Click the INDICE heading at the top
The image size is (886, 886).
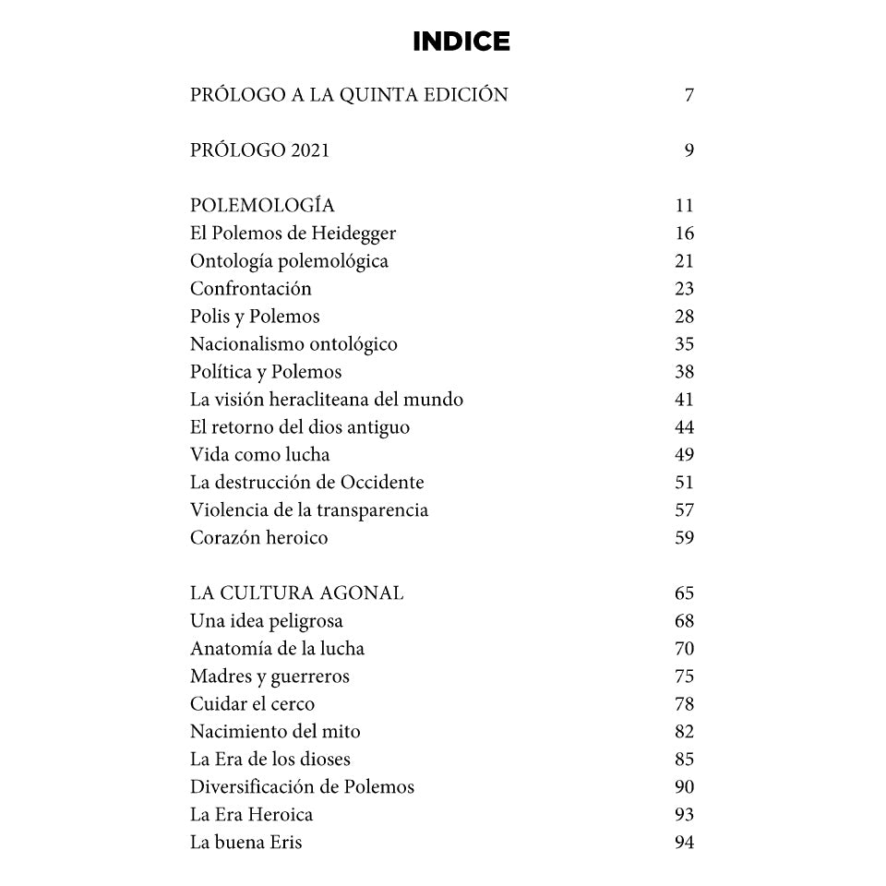(x=461, y=42)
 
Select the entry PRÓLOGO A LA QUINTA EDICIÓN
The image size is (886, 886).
(x=349, y=95)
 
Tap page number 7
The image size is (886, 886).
(x=688, y=95)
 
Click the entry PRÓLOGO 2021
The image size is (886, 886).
(x=259, y=150)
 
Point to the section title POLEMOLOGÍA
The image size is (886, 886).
(x=262, y=206)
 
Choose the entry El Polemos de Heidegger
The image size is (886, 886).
(x=293, y=233)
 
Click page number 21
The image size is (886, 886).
(x=684, y=261)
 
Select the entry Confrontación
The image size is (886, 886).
(x=251, y=289)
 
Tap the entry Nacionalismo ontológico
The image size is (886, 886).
(x=293, y=344)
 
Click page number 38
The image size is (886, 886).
(x=684, y=372)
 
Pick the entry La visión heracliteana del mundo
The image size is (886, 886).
(x=327, y=400)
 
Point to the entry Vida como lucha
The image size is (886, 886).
(x=259, y=455)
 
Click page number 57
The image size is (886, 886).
(x=684, y=510)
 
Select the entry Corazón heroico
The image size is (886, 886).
(x=258, y=538)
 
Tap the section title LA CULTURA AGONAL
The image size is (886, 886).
(x=296, y=593)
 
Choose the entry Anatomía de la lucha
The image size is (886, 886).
(x=277, y=649)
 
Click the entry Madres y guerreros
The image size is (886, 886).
(x=269, y=676)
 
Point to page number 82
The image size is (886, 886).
(x=684, y=732)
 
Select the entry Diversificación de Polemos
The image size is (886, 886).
(x=302, y=787)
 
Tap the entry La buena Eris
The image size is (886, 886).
(x=245, y=843)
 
